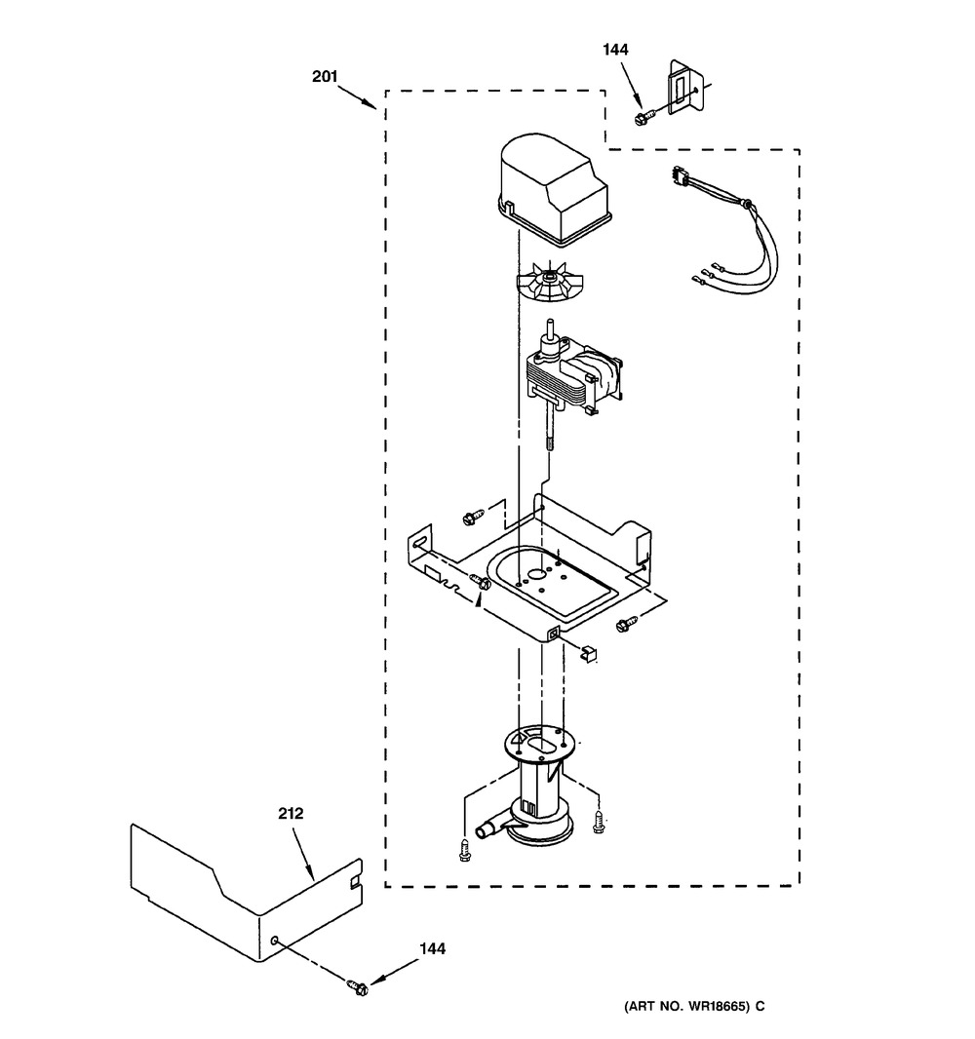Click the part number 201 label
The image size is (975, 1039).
pyautogui.click(x=325, y=77)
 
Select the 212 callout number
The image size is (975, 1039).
pyautogui.click(x=291, y=813)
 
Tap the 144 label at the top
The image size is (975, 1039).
pyautogui.click(x=615, y=49)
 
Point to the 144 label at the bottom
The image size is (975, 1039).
pyautogui.click(x=432, y=949)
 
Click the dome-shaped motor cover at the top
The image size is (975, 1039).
pyautogui.click(x=552, y=190)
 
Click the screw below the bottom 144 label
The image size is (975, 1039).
pyautogui.click(x=359, y=986)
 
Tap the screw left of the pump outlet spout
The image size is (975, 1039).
pyautogui.click(x=465, y=850)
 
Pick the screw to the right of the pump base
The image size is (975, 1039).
pyautogui.click(x=600, y=822)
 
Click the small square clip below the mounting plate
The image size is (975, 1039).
pyautogui.click(x=589, y=654)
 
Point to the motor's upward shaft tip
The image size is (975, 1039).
pyautogui.click(x=549, y=323)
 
